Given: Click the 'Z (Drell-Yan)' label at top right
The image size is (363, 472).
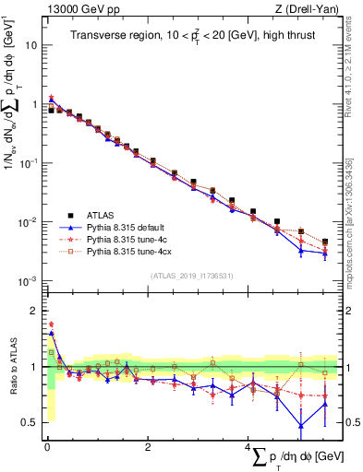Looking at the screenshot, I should click(309, 10).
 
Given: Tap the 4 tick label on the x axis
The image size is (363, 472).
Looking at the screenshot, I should click(247, 447).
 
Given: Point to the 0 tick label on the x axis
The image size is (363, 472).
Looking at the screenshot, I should click(46, 447).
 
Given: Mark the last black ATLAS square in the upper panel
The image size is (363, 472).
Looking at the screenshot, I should click(324, 242).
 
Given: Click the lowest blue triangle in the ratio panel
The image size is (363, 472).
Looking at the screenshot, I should click(301, 425).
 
